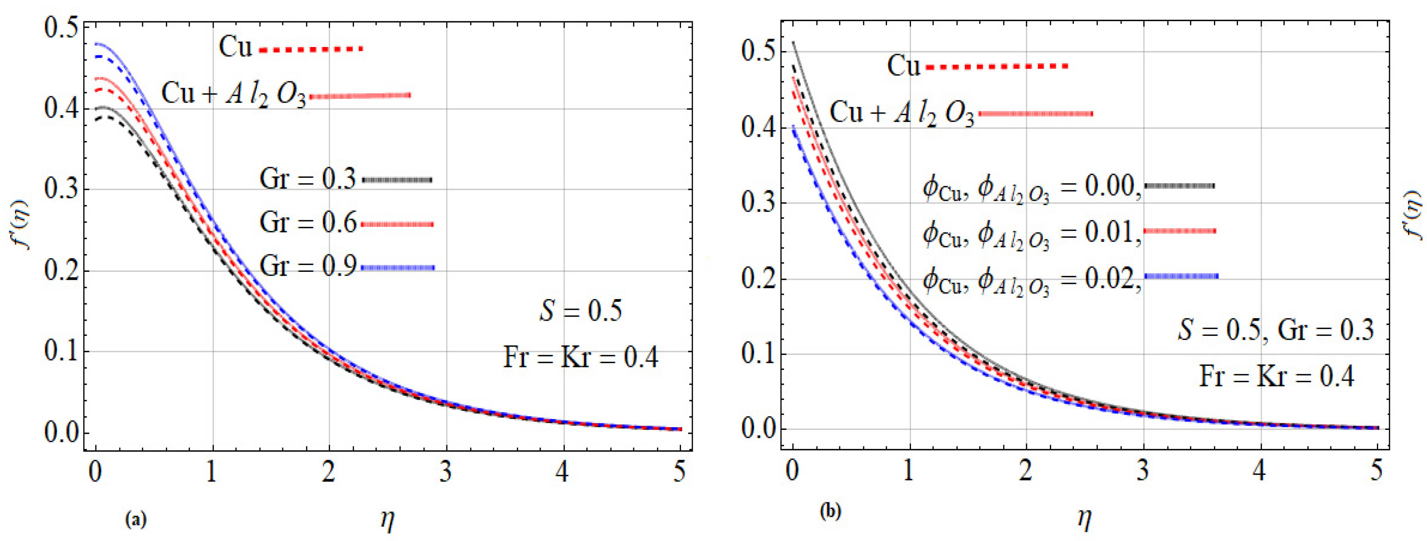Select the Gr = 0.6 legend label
307,223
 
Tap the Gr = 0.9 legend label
307,267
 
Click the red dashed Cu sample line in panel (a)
311,49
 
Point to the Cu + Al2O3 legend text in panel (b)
901,114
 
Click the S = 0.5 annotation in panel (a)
581,311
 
